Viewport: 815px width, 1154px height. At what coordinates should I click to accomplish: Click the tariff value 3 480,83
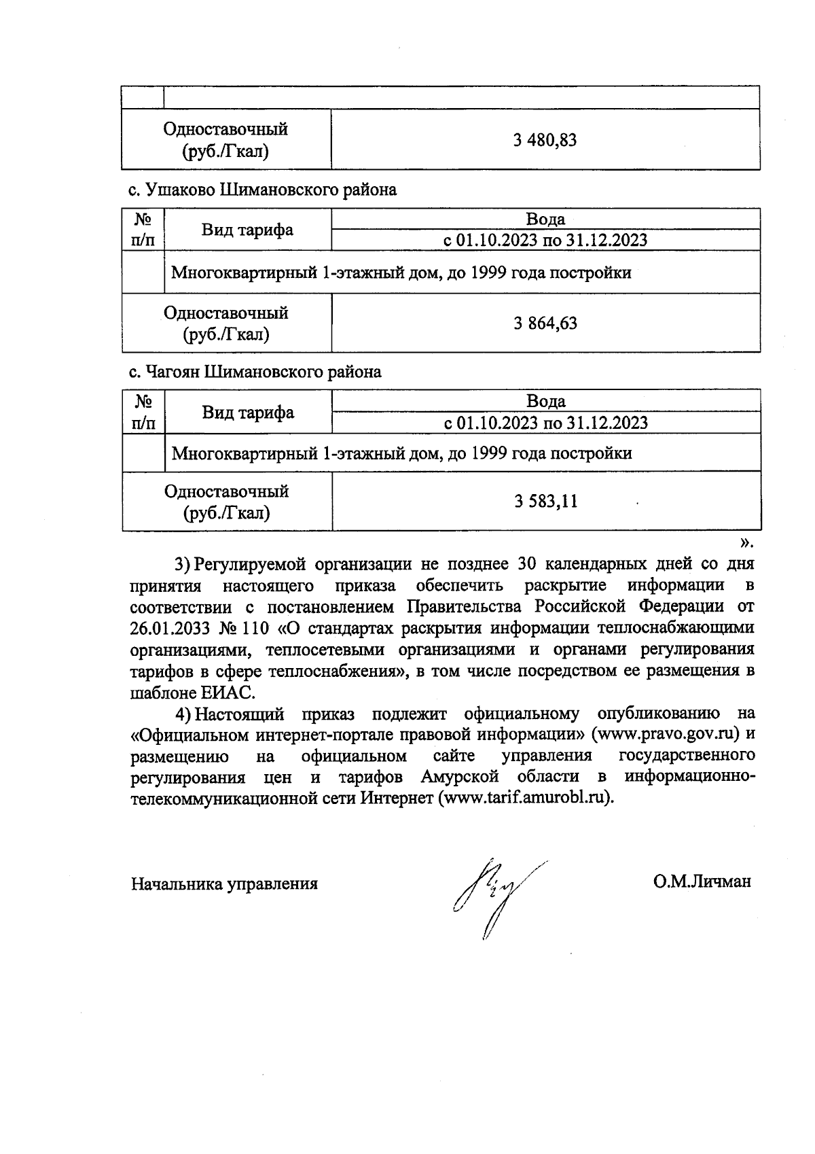click(x=545, y=140)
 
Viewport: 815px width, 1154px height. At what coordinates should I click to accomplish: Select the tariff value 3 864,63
click(x=545, y=323)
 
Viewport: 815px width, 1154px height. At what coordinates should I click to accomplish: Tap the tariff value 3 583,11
click(x=545, y=502)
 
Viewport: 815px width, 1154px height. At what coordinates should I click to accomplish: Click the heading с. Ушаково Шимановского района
click(x=263, y=190)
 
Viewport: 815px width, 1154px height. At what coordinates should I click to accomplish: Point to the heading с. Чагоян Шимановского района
click(x=255, y=372)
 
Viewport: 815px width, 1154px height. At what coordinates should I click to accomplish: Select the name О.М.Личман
click(x=702, y=881)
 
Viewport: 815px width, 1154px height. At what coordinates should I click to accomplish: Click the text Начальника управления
click(x=225, y=884)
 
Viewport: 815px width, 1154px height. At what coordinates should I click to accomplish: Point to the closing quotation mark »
click(x=746, y=542)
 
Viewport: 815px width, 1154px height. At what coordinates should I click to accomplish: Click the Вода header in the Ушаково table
click(x=545, y=219)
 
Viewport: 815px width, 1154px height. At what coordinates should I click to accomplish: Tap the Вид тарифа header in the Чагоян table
click(x=248, y=413)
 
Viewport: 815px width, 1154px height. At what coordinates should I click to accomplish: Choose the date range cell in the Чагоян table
click(x=545, y=423)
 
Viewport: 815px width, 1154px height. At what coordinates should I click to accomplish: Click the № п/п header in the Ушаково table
click(x=143, y=230)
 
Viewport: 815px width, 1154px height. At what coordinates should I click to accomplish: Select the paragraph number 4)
click(x=183, y=714)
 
